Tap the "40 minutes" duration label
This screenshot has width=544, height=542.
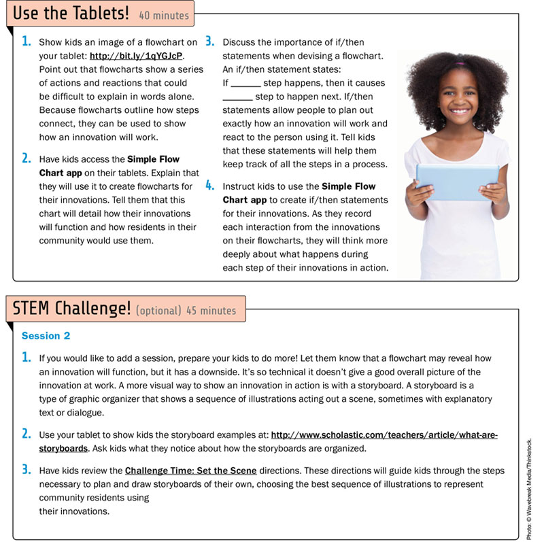click(x=164, y=14)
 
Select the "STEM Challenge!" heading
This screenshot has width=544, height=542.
click(x=71, y=309)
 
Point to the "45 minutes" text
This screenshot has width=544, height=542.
click(x=212, y=311)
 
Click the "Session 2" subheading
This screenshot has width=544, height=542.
click(x=46, y=336)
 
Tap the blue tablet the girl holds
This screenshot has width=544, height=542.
click(x=457, y=181)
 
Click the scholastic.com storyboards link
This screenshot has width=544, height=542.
click(x=384, y=435)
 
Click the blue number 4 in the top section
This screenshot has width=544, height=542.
click(x=210, y=185)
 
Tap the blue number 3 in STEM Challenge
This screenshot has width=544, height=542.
click(x=26, y=469)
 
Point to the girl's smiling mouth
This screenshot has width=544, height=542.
click(x=459, y=111)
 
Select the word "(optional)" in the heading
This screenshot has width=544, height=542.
click(x=158, y=311)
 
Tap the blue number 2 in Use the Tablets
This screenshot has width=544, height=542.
click(x=26, y=158)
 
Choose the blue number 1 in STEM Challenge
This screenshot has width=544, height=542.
click(x=26, y=358)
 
